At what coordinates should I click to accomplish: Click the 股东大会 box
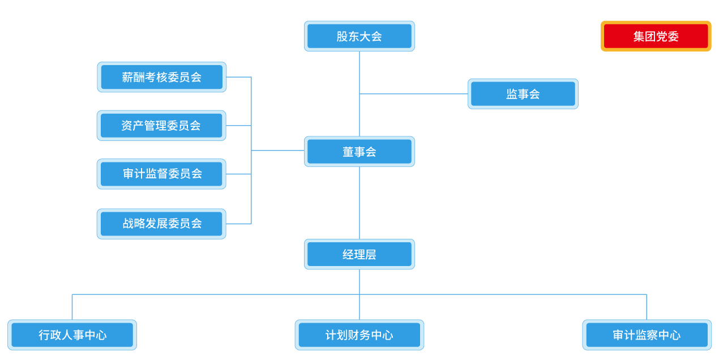[x=359, y=36]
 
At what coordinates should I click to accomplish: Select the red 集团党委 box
[x=656, y=36]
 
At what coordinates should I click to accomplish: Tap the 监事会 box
[x=523, y=94]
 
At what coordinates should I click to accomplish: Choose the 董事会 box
[x=359, y=152]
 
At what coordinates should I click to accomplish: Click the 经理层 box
[x=359, y=254]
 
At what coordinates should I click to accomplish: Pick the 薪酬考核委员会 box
[x=161, y=77]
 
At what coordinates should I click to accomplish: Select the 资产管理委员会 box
[x=161, y=126]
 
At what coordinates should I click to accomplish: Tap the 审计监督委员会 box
[x=161, y=174]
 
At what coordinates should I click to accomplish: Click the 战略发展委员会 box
[x=161, y=224]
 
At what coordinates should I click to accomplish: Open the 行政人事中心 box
[x=72, y=335]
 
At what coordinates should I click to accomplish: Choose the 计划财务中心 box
[x=359, y=335]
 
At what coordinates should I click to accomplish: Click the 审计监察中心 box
[x=647, y=335]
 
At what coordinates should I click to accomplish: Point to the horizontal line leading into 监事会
[x=413, y=94]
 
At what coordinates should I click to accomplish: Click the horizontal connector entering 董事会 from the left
[x=277, y=151]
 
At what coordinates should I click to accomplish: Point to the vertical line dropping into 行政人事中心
[x=72, y=307]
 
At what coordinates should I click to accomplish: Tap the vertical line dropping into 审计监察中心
[x=647, y=307]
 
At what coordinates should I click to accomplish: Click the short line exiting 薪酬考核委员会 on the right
[x=238, y=77]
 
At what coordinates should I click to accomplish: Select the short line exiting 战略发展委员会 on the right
[x=238, y=224]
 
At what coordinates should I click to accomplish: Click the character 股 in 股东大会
[x=342, y=36]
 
